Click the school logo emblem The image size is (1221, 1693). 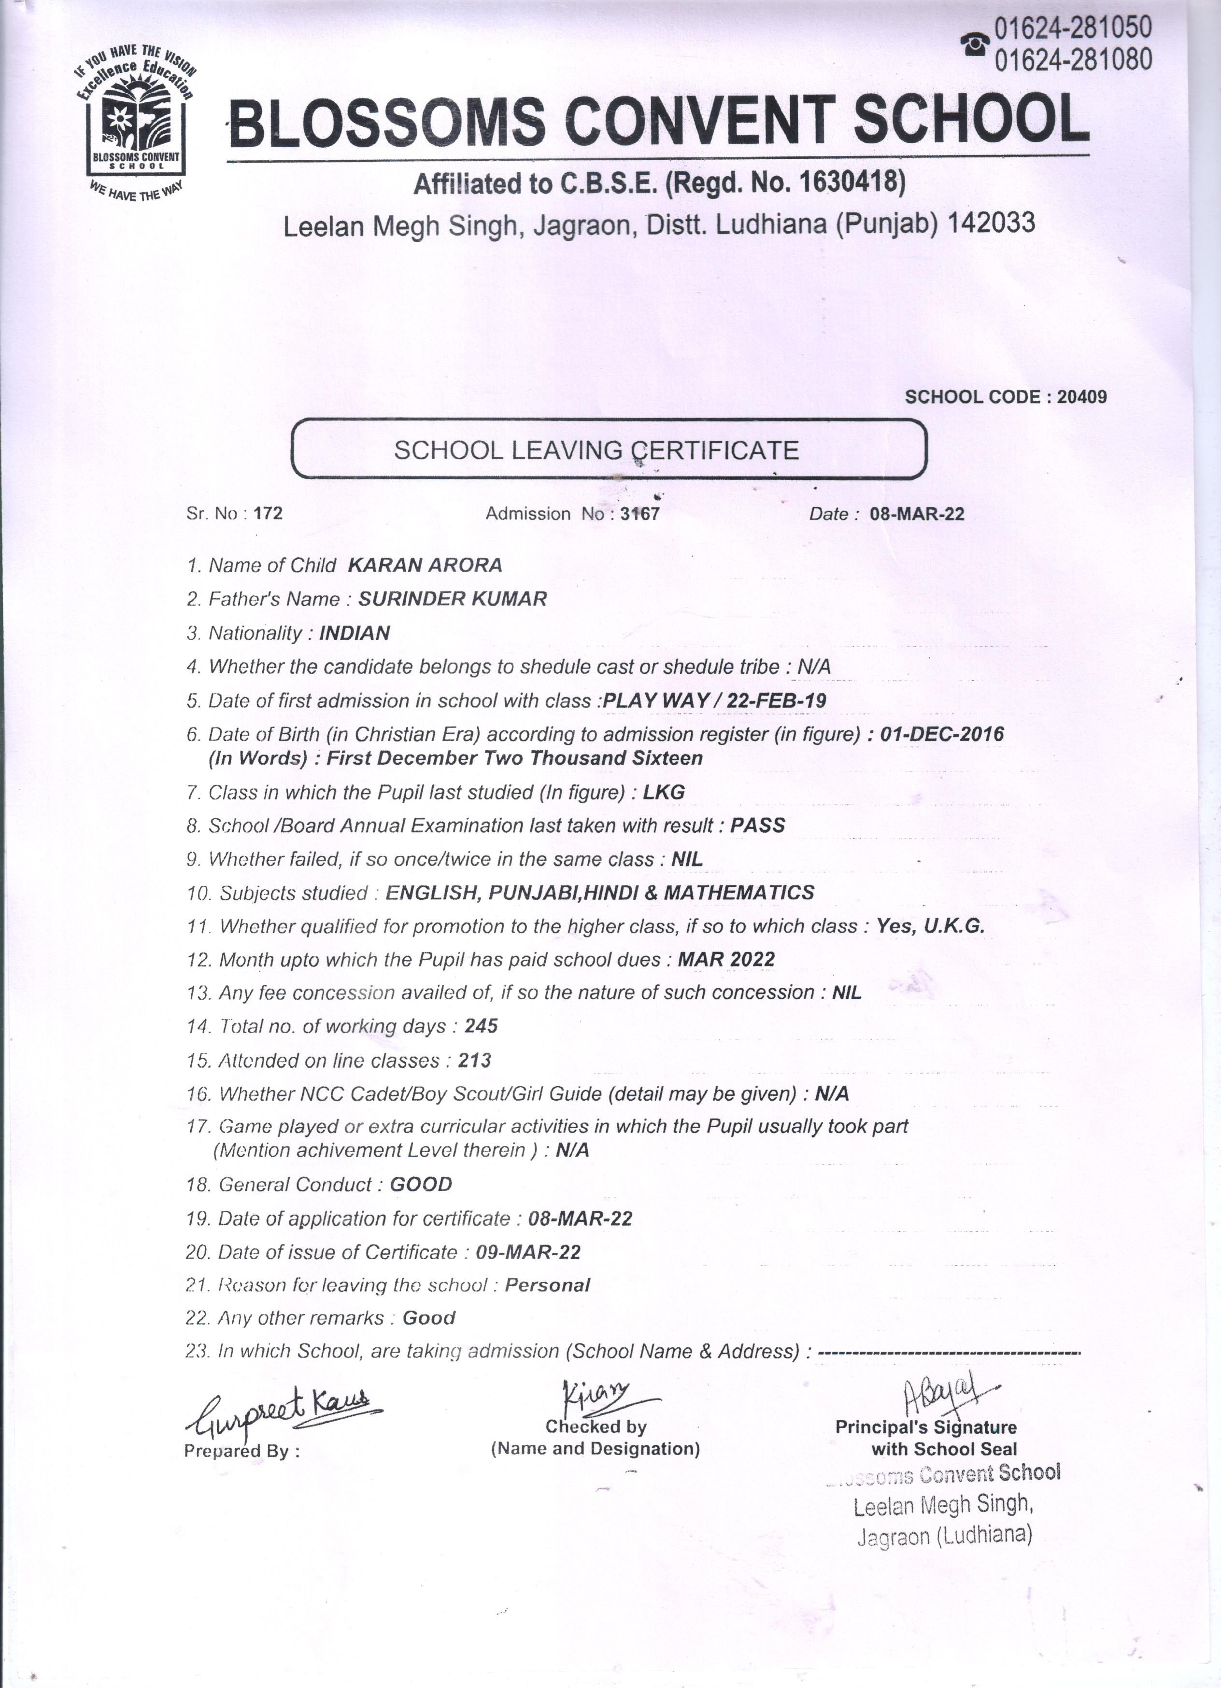[135, 121]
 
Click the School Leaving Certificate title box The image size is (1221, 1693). [608, 449]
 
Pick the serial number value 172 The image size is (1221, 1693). [268, 514]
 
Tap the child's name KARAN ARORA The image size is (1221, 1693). [425, 565]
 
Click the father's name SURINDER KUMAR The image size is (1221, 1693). [453, 599]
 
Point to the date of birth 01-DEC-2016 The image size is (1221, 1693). [942, 734]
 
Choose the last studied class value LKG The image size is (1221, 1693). [664, 792]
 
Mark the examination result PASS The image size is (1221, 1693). [757, 825]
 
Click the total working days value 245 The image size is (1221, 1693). [481, 1026]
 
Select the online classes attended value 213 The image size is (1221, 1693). [474, 1060]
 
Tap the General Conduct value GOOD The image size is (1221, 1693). [421, 1185]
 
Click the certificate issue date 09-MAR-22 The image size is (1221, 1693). [528, 1252]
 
